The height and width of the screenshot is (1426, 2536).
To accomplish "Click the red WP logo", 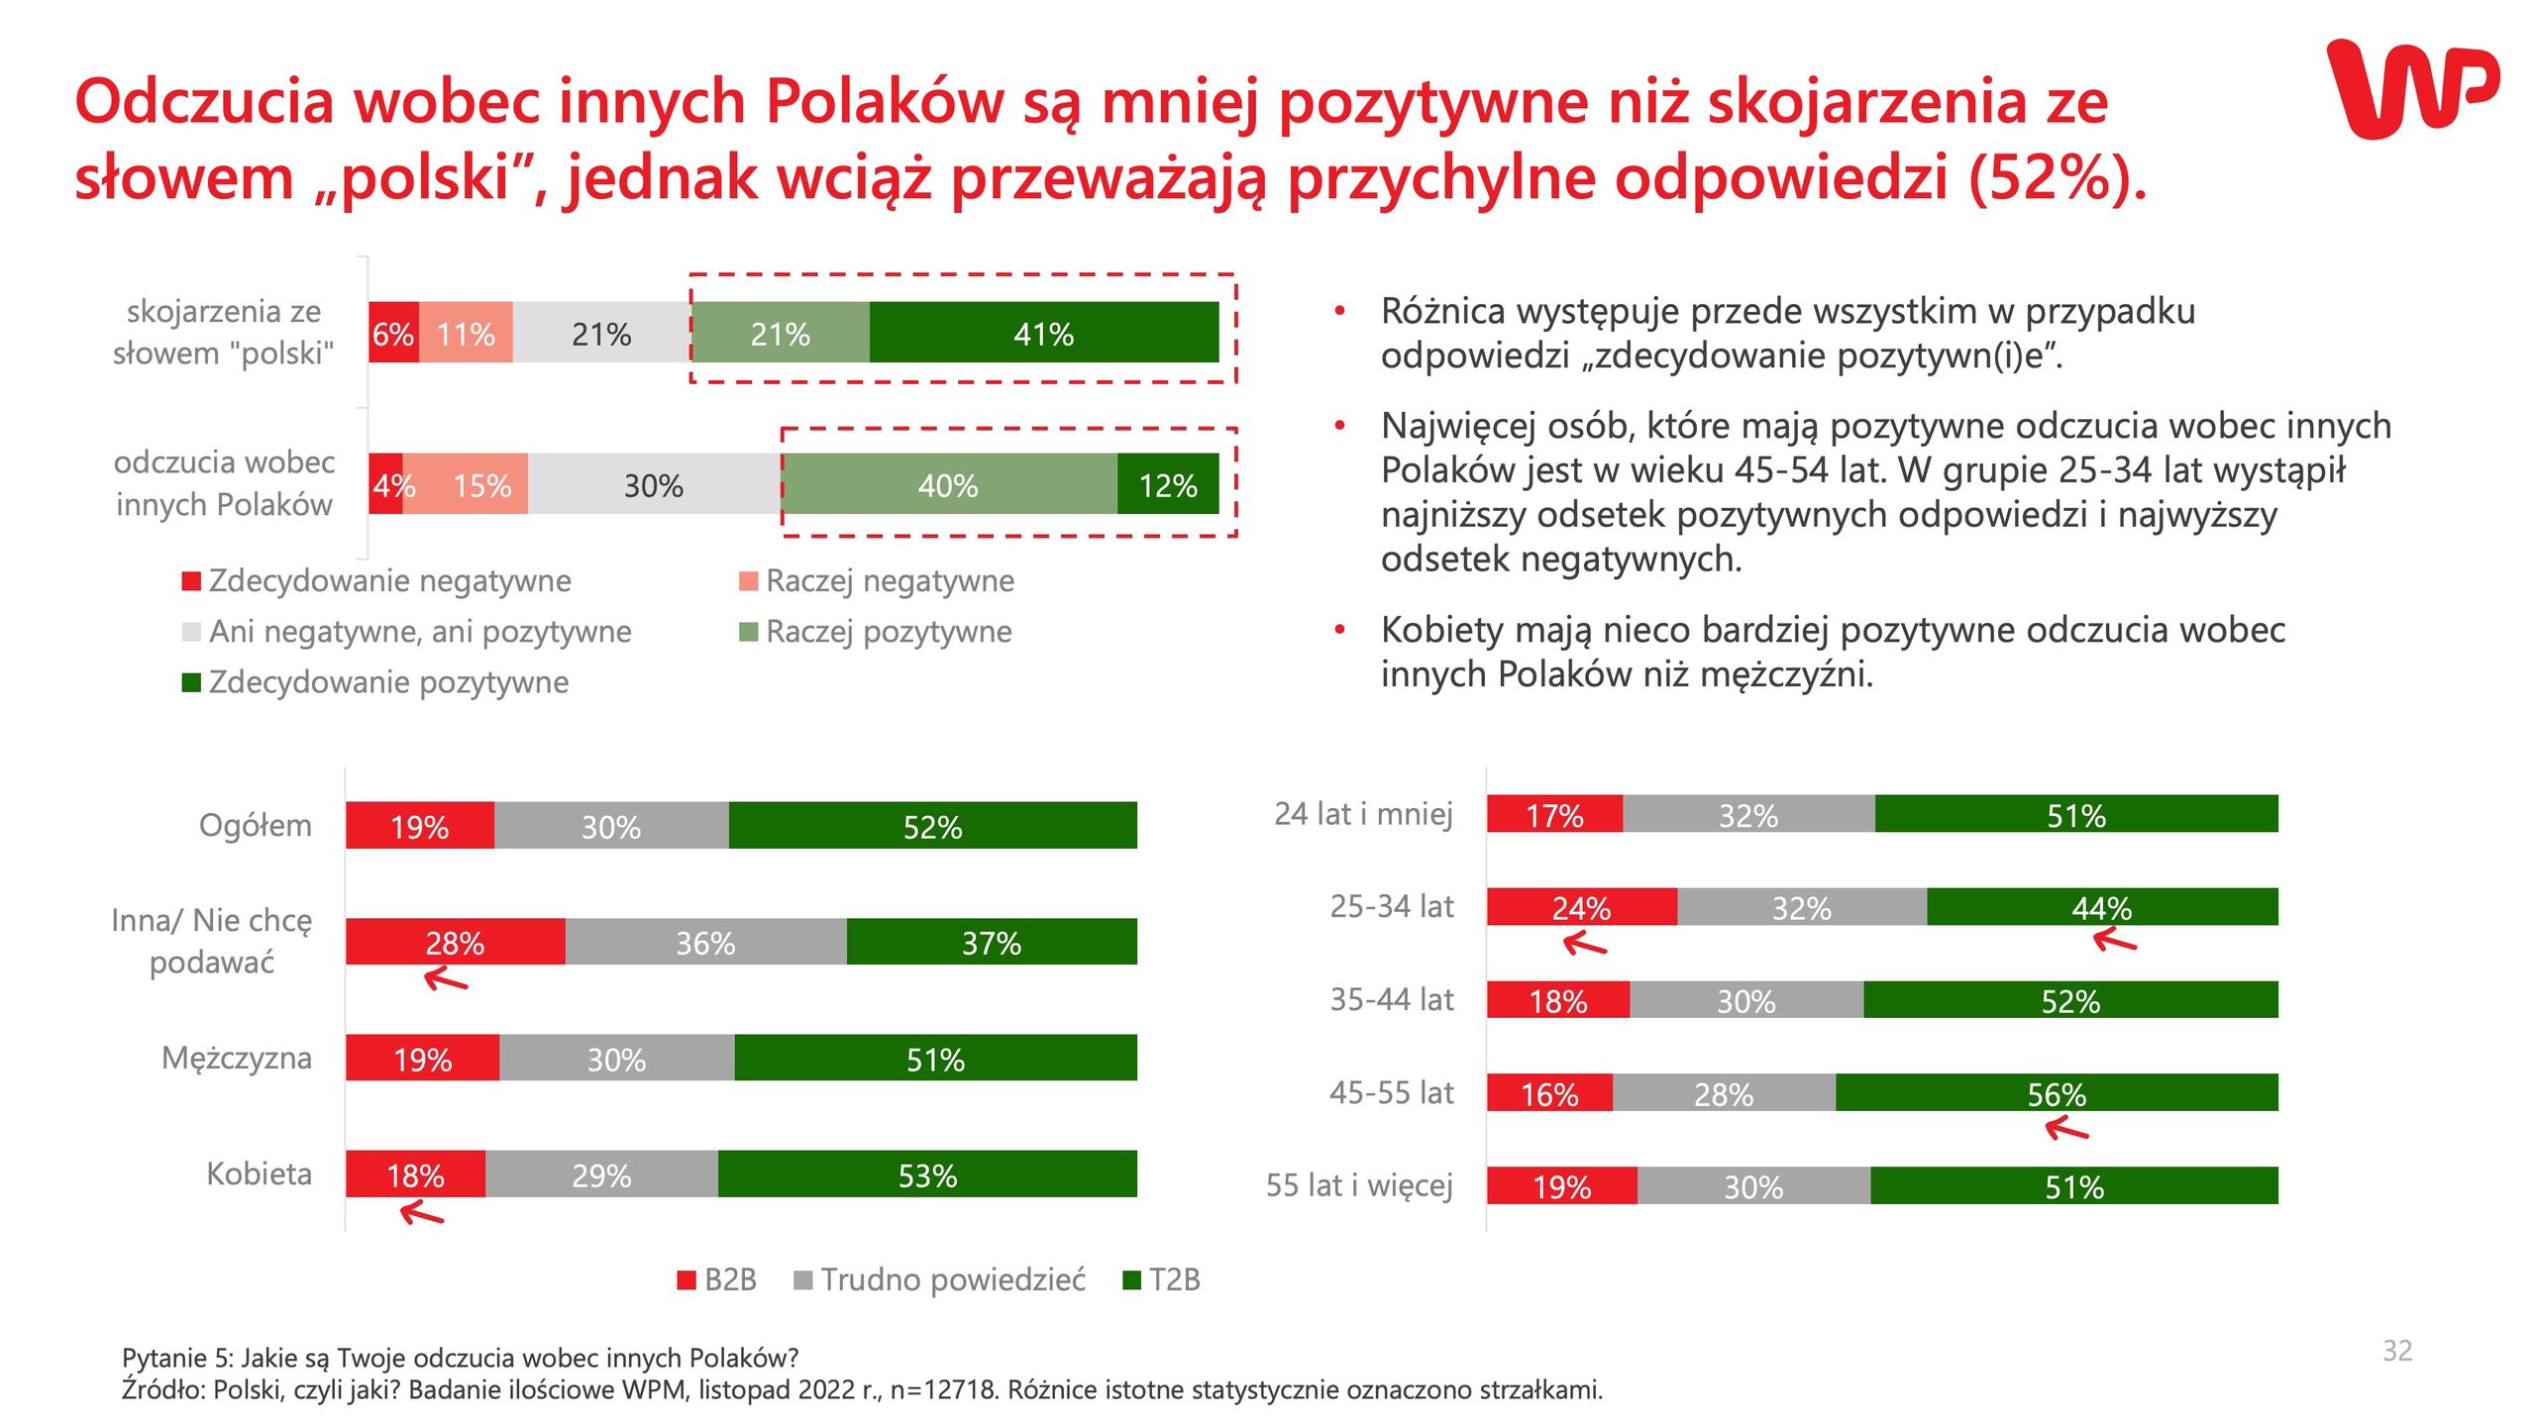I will (x=2411, y=89).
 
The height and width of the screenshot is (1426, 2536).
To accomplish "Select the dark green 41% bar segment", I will (x=1043, y=333).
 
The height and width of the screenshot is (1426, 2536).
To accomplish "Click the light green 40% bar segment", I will (x=948, y=484).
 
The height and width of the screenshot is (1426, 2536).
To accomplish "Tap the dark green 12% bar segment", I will (x=1167, y=484).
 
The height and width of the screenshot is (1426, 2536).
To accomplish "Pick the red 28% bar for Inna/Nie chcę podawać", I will (x=455, y=942).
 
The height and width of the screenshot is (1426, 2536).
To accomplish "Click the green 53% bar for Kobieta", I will (x=927, y=1174).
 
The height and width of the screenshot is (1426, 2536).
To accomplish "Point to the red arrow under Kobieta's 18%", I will (x=422, y=1212).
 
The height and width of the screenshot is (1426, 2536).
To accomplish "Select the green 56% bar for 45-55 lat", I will (x=2057, y=1093).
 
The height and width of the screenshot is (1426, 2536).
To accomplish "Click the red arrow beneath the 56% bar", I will (x=2066, y=1128).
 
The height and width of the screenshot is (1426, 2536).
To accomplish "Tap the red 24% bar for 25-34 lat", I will (x=1581, y=907).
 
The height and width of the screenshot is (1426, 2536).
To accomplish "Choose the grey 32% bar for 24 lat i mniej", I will (x=1748, y=815).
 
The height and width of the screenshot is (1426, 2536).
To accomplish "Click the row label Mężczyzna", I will (x=237, y=1058).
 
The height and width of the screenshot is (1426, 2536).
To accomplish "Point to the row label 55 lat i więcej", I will (x=1359, y=1185).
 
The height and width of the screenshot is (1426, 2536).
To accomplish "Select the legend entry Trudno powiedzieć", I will (x=940, y=1279).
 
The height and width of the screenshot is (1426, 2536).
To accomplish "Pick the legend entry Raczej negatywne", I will (x=878, y=580).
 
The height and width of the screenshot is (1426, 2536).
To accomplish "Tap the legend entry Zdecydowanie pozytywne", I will (x=376, y=682).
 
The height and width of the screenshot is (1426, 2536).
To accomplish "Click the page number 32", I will (x=2396, y=1351).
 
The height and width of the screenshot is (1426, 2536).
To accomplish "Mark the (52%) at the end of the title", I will (x=2057, y=178).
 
